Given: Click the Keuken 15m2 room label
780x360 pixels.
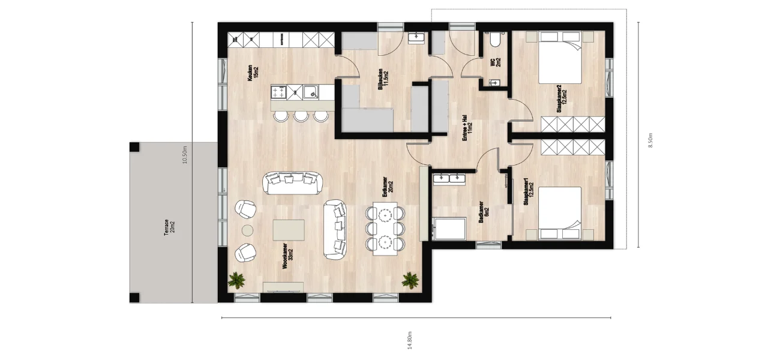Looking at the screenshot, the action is coord(253,73).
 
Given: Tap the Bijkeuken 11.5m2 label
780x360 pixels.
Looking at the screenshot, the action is coord(383,79).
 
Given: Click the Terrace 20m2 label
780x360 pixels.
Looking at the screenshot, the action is coord(169,227).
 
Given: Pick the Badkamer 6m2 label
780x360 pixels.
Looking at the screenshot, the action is coord(484,212).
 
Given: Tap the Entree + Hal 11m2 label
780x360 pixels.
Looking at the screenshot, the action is coord(467,128).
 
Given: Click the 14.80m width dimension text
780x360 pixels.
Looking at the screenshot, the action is coord(409,340).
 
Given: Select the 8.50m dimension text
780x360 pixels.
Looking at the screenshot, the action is coord(650,140).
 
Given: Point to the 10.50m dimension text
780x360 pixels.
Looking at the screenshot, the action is coord(185,155).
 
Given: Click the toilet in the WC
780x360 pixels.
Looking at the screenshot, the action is coord(495,40).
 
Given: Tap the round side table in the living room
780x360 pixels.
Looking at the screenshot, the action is coord(248,230).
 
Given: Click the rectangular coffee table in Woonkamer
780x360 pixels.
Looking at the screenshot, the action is coord(289,230).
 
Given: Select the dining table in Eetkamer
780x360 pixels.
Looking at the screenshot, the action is coord(385,229).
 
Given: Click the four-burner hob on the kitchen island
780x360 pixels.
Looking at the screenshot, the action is coord(278,92).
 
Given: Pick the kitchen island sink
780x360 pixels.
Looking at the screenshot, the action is coord(311,92).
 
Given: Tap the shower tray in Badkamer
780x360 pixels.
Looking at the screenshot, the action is coord(449,229).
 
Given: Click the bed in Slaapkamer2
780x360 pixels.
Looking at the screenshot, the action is coord(560,58).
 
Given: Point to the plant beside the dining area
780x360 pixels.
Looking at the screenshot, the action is coord(410,280).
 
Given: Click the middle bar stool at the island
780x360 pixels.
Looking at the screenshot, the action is coord(301,116).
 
